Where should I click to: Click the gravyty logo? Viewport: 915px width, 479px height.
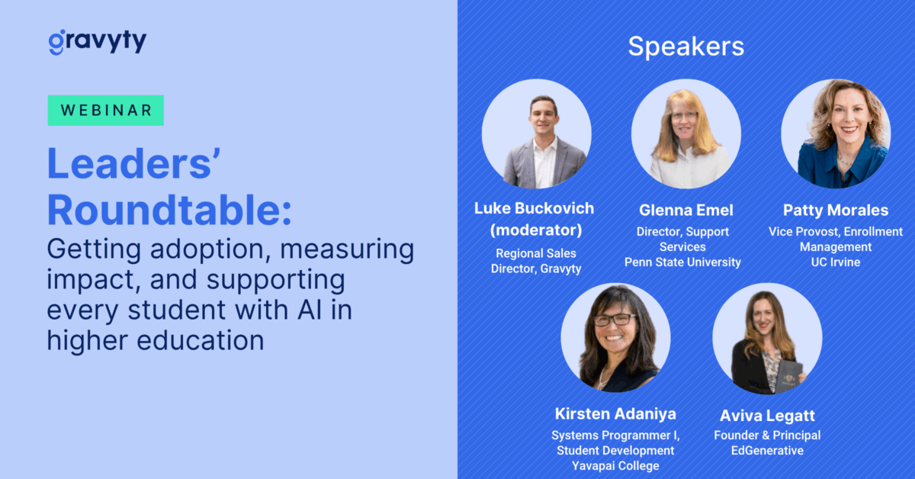point(98,41)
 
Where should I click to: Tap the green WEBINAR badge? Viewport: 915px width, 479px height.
point(106,111)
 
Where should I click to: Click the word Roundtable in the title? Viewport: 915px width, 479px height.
point(169,210)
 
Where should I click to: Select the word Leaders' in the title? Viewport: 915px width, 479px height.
point(134,164)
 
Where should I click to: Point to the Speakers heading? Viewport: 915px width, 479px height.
point(685,47)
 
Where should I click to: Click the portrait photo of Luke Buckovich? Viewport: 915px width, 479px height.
point(536,133)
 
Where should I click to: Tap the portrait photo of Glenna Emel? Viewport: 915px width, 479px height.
point(685,133)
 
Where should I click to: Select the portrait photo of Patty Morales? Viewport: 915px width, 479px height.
point(836,133)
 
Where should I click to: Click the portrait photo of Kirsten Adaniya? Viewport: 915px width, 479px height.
point(615,338)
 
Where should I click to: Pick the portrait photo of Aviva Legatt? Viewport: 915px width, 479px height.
point(767,339)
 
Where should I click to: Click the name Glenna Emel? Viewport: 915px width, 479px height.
point(685,210)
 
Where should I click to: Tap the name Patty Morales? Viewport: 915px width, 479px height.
point(836,210)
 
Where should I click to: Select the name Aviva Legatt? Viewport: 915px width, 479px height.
point(767,416)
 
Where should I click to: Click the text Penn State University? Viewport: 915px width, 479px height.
point(682,262)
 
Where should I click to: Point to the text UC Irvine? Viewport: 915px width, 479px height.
point(836,262)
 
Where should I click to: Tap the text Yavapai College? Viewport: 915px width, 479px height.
point(615,465)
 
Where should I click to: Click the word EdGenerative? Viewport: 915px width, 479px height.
point(767,450)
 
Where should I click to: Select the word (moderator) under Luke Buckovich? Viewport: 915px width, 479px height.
point(536,230)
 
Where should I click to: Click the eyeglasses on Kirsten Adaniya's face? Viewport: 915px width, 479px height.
point(615,320)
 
